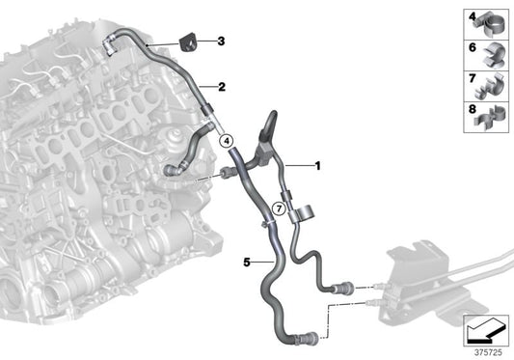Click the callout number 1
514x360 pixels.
[318, 166]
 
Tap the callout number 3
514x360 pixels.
[221, 42]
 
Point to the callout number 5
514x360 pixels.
[246, 260]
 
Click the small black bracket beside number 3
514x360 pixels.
[187, 42]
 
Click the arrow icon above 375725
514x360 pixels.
[485, 330]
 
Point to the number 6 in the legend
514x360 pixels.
[473, 47]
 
